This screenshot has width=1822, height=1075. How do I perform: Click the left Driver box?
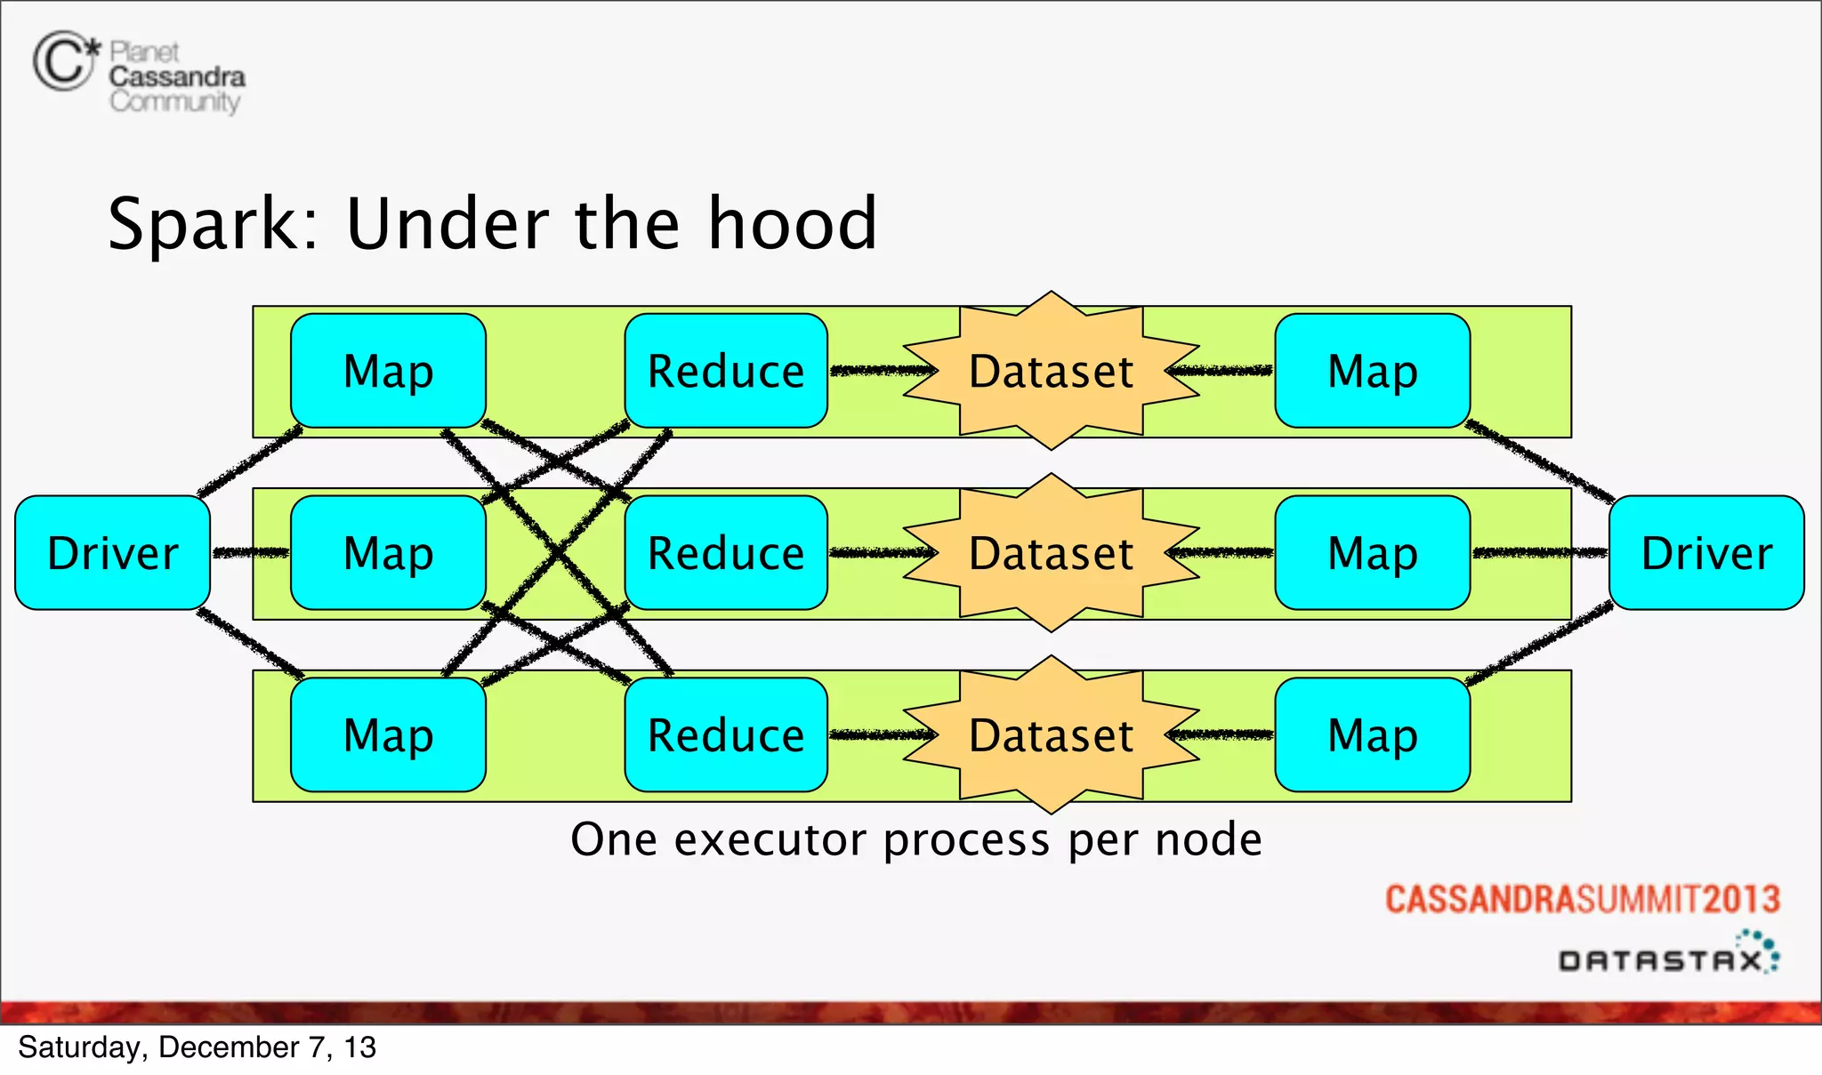pos(113,553)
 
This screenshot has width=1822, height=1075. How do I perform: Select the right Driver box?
pos(1706,553)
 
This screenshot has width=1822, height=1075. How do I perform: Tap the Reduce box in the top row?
pos(726,371)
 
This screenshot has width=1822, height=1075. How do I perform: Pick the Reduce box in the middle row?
pos(726,553)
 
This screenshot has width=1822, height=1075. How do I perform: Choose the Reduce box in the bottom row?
pos(726,735)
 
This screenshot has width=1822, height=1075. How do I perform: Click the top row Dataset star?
pos(1051,371)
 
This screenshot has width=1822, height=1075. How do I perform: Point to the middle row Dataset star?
pos(1051,553)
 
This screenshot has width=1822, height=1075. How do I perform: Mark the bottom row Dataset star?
pos(1051,735)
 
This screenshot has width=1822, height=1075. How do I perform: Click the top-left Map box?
pos(388,371)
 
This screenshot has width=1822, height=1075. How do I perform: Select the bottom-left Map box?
pos(388,735)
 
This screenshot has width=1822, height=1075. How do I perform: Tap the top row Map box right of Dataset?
pos(1372,371)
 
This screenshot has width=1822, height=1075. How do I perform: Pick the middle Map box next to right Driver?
pos(1372,553)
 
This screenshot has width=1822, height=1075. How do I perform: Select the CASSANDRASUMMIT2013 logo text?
pos(1582,899)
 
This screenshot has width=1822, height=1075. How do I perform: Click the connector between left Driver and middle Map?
pos(251,553)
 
